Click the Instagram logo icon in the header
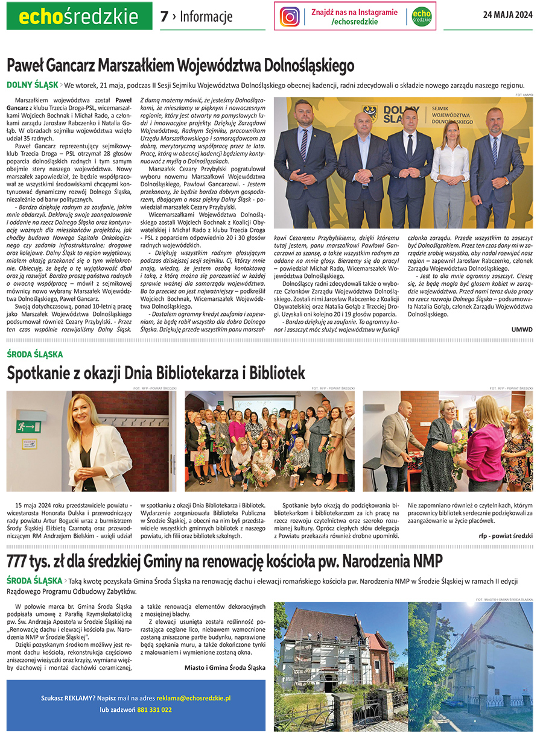(x=290, y=16)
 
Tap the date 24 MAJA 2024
(x=507, y=16)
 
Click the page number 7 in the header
(x=164, y=17)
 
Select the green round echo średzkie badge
(x=422, y=16)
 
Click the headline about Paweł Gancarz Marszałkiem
(x=180, y=64)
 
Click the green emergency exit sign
(x=28, y=426)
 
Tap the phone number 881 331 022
(x=154, y=709)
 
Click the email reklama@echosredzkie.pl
(x=194, y=697)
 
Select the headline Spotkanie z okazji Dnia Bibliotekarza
(x=156, y=373)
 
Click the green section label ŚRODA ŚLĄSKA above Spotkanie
(x=34, y=354)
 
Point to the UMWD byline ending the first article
(x=522, y=329)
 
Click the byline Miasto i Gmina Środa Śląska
(x=224, y=667)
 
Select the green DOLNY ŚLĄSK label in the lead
(x=32, y=85)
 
